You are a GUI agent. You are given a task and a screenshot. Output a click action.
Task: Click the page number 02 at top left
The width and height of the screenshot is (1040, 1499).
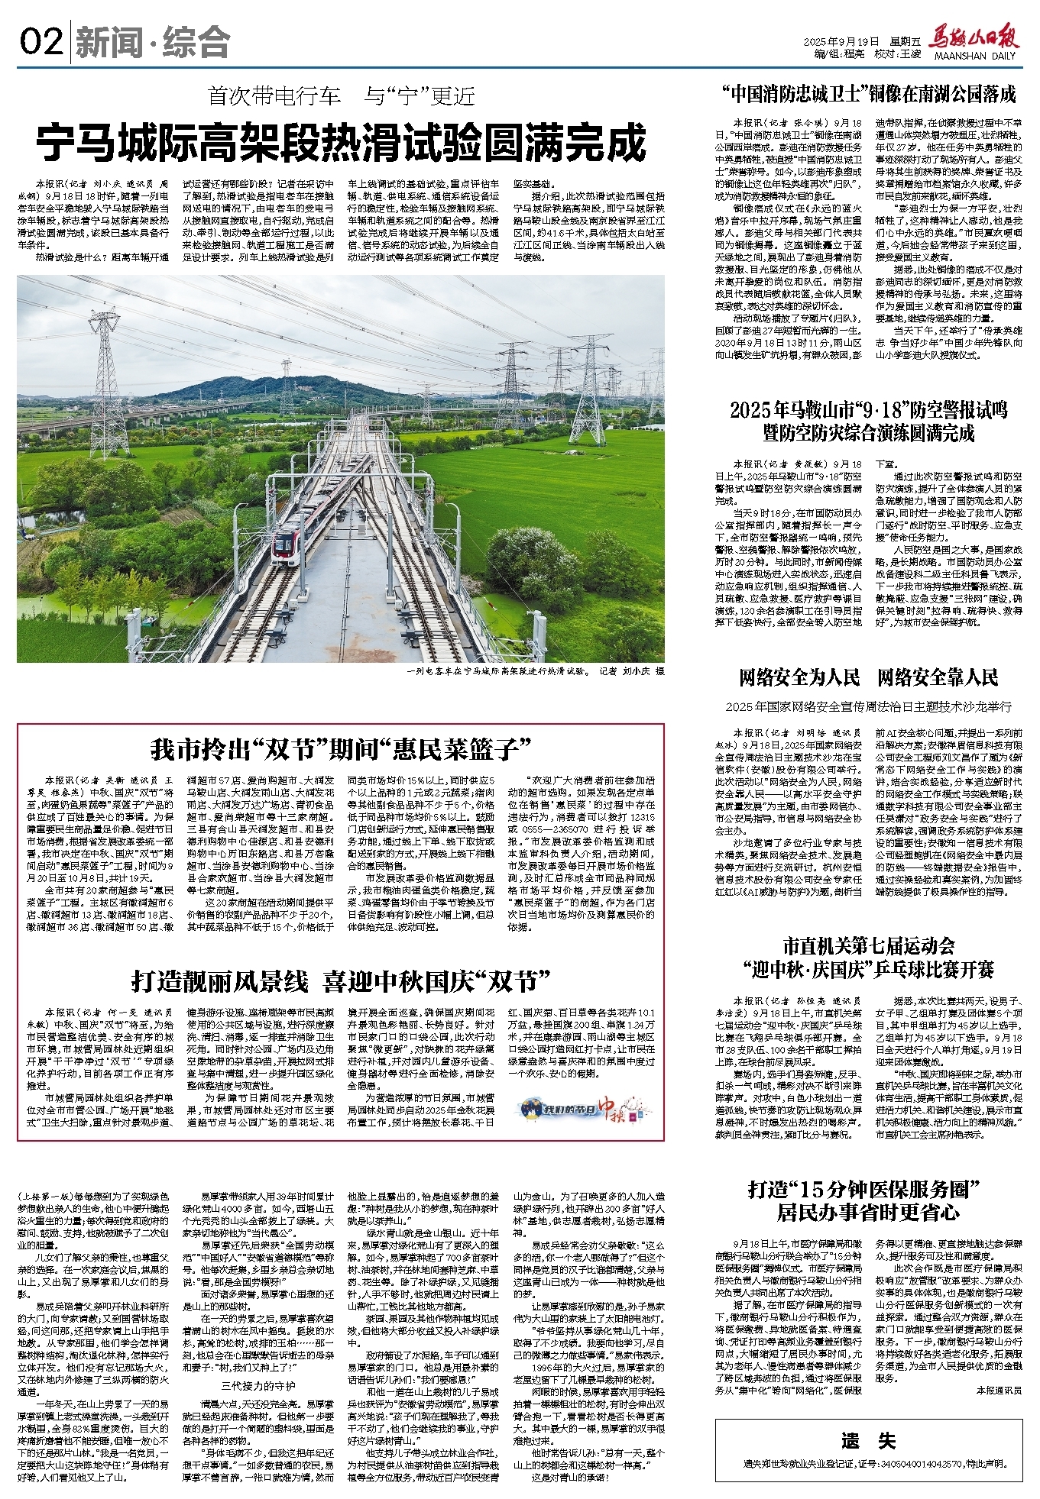coord(42,42)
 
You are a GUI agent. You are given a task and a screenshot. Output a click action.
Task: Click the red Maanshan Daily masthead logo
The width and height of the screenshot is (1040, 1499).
coord(974,39)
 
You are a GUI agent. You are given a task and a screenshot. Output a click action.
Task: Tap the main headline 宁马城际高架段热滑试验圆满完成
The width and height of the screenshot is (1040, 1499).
coord(341,143)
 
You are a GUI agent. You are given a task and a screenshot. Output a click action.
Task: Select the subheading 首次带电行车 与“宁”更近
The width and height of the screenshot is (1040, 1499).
coord(341,96)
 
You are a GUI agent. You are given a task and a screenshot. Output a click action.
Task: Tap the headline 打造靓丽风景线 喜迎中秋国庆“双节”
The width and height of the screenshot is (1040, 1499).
coord(341,980)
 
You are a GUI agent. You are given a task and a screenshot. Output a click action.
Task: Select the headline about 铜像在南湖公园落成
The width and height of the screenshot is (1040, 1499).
coord(869,95)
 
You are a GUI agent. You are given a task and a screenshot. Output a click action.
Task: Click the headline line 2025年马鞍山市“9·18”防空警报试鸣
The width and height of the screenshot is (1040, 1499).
coord(869,410)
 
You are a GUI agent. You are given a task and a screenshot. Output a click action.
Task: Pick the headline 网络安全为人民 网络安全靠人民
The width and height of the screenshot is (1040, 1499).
coord(869,677)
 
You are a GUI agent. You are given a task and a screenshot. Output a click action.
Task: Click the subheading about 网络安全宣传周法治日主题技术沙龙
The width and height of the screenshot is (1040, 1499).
coord(869,706)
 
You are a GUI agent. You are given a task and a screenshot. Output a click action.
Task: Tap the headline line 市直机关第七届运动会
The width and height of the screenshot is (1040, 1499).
coord(869,947)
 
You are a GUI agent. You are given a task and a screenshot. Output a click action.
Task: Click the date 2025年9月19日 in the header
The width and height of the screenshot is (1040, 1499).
coord(844,40)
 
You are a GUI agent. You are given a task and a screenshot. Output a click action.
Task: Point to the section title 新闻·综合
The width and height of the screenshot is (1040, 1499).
coord(153,43)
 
